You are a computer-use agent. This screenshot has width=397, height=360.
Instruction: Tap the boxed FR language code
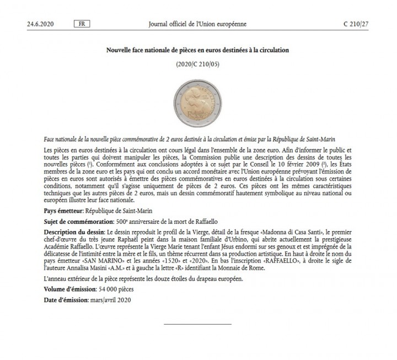tap(82, 25)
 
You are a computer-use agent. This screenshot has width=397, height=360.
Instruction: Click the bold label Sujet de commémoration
tap(74, 221)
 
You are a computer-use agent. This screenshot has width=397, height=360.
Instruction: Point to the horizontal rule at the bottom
tap(198, 324)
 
